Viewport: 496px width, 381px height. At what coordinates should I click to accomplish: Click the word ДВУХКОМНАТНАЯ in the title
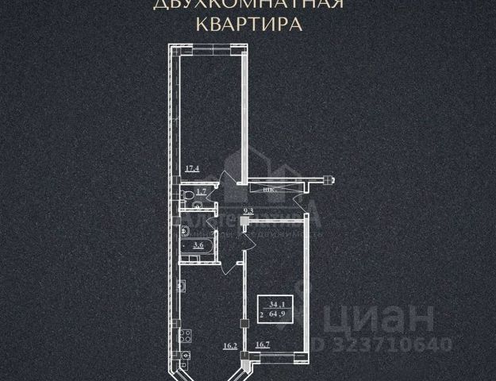tap(248, 4)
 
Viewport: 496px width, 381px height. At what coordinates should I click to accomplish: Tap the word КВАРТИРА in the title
tap(248, 23)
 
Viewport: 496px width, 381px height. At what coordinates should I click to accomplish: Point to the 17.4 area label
tap(191, 169)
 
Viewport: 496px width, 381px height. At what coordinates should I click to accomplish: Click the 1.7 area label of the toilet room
tap(201, 191)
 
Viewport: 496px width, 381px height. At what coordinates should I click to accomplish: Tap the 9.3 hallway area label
tap(248, 211)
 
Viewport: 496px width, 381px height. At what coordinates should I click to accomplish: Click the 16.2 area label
tap(231, 345)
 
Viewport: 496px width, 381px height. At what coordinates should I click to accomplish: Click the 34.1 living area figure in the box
tap(277, 303)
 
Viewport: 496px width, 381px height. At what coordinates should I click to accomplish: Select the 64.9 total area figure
tap(280, 314)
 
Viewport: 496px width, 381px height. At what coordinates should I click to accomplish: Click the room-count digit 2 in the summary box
tap(262, 314)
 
